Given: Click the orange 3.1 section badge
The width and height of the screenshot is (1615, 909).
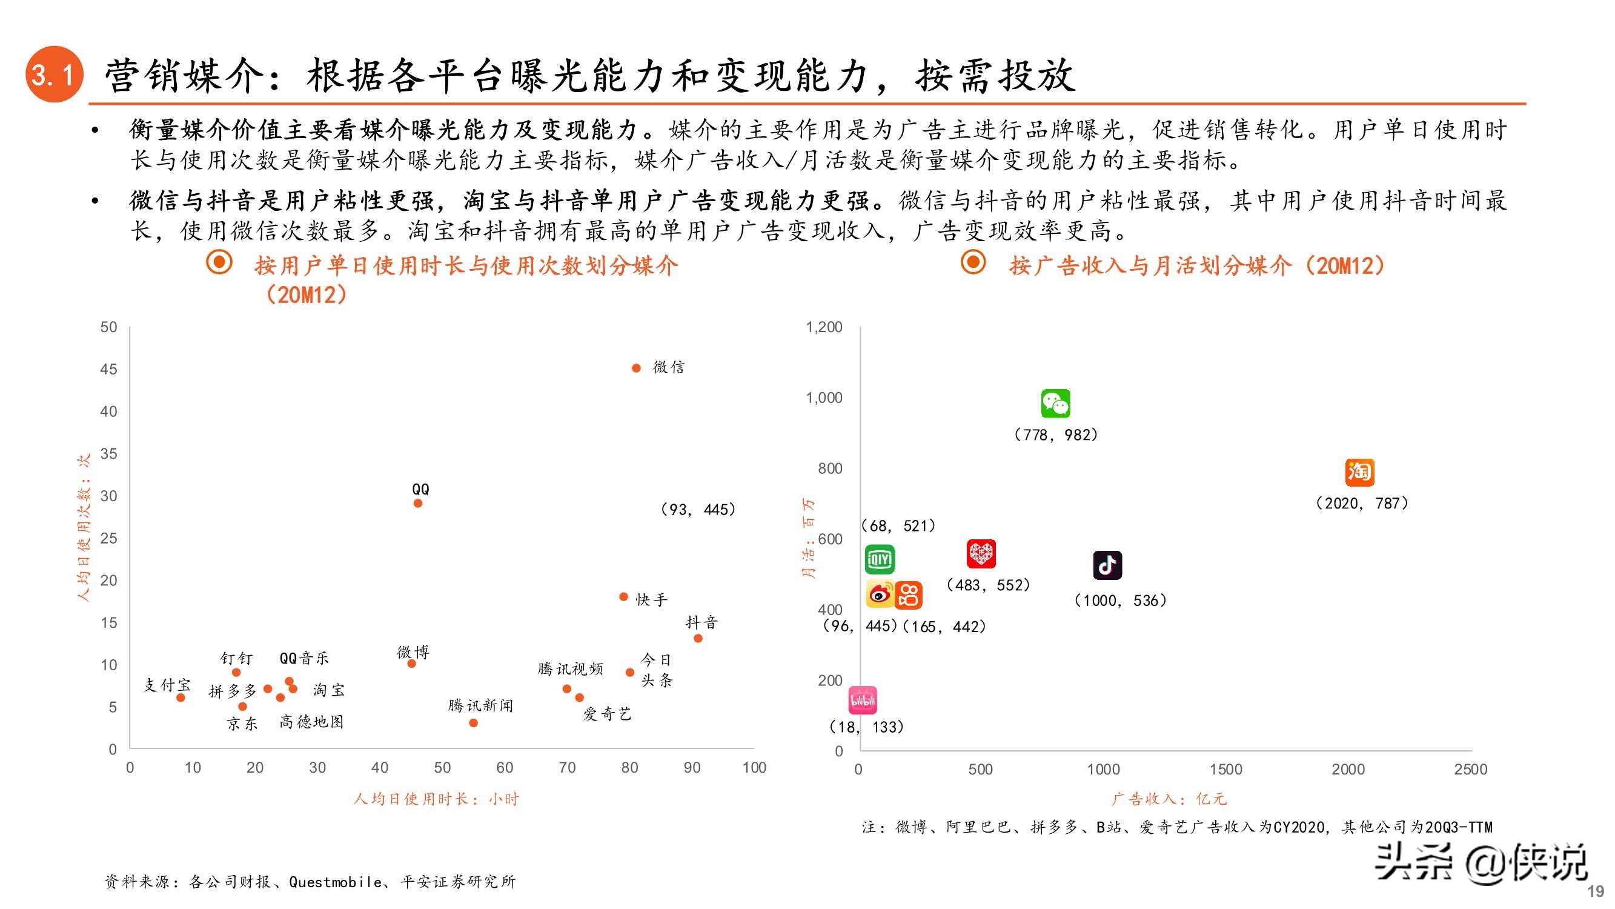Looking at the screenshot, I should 55,75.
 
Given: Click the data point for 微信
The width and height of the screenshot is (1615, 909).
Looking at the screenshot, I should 635,368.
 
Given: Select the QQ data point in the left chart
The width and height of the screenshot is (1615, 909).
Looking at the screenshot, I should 418,503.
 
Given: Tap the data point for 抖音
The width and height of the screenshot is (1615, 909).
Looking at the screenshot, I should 698,639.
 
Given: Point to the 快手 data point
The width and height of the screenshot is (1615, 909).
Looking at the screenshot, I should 623,596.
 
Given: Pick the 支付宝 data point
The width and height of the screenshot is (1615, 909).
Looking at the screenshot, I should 181,698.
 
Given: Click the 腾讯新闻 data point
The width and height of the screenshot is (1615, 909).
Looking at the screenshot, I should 473,723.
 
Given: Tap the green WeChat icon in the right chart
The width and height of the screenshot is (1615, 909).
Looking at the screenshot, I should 1055,404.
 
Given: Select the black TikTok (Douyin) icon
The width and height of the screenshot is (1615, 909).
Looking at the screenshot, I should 1107,565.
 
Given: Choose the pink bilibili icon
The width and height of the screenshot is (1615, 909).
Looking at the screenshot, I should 863,701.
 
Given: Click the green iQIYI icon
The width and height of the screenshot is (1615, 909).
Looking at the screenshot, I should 880,559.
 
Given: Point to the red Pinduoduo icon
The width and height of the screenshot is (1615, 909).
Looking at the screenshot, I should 981,553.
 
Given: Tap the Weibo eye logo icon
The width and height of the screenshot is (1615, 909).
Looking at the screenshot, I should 880,594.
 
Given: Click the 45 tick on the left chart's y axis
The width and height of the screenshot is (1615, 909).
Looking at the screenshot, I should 108,370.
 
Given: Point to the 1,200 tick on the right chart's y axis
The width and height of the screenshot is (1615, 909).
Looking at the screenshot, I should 824,327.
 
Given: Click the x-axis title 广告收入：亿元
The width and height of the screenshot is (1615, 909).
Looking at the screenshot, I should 1169,799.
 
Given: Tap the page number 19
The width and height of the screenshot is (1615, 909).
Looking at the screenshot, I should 1595,891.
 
